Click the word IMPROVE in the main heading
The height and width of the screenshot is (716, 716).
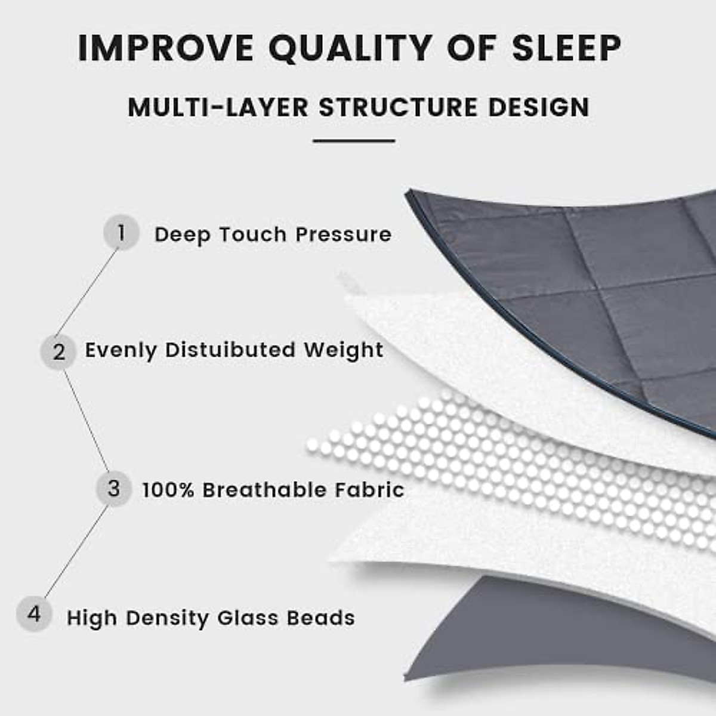pos(165,48)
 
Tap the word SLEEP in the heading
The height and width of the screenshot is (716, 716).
pos(567,48)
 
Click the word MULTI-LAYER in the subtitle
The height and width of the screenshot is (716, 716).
pos(218,108)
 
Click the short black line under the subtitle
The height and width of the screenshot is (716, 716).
pos(354,141)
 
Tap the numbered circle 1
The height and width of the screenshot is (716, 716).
pos(121,233)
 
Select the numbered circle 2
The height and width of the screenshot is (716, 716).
pos(58,352)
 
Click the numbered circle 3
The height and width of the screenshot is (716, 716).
pos(113,489)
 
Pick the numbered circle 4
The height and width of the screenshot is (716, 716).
pos(34,614)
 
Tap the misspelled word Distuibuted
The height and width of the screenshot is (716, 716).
pos(230,350)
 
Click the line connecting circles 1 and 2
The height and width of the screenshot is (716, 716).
pos(87,292)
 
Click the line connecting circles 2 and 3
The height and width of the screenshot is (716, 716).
pos(86,420)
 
